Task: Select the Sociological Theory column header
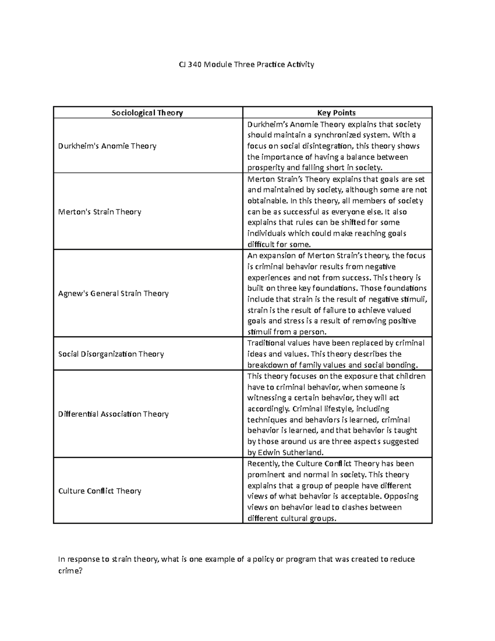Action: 147,113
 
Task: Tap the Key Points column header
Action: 336,113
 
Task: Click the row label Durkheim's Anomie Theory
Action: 107,146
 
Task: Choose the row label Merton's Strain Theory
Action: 100,212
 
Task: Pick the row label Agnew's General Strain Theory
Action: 113,293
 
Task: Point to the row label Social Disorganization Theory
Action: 111,354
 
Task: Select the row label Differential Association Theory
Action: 113,414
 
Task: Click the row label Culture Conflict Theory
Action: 100,491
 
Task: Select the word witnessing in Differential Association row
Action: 266,398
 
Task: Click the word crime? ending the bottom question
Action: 71,570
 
